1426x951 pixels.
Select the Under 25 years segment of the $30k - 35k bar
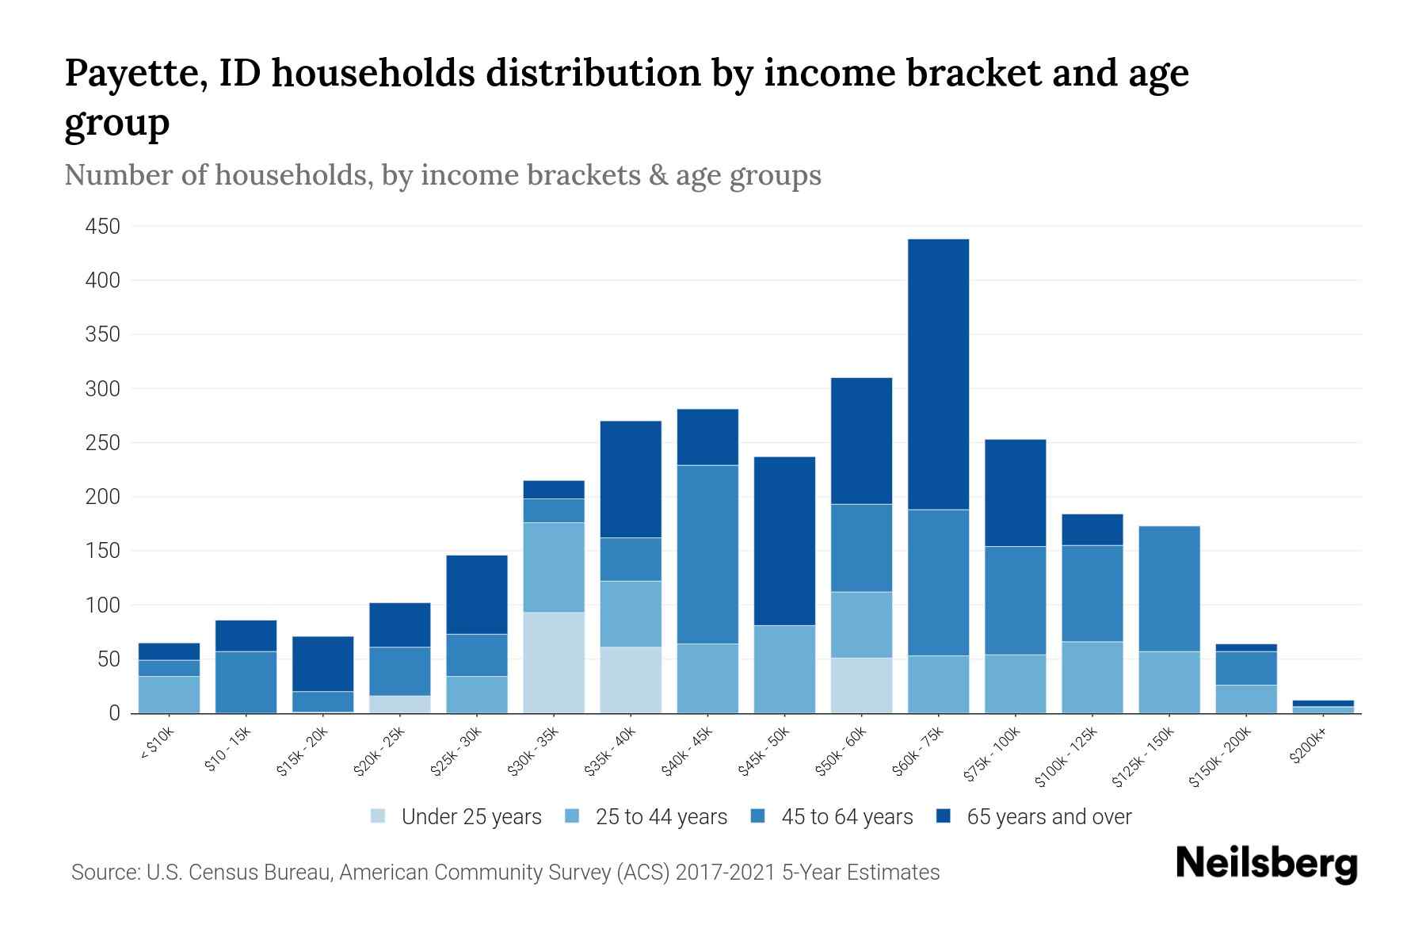tap(554, 663)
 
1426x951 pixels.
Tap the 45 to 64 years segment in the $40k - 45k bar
tap(707, 554)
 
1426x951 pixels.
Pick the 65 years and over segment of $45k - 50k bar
tap(784, 541)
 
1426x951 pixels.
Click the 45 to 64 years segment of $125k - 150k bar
tap(1169, 589)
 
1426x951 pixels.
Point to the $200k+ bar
tap(1322, 707)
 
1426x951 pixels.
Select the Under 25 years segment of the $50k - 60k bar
tap(861, 686)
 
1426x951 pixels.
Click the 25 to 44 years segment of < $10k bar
tap(169, 694)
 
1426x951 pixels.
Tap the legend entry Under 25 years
tap(471, 817)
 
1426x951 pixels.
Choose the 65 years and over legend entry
tap(1048, 817)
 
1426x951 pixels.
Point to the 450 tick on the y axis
tap(103, 227)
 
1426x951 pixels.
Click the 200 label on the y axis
tap(103, 497)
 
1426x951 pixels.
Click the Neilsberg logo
tap(1266, 864)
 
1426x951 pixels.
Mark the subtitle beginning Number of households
tap(443, 175)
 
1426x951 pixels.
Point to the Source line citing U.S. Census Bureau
tap(505, 873)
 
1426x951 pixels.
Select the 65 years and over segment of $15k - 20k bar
tap(322, 664)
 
